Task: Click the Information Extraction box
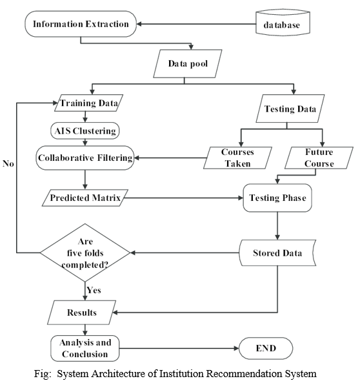coord(81,24)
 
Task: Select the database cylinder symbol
coord(283,23)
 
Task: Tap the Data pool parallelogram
coord(188,64)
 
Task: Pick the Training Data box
coord(88,103)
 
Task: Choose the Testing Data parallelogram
coord(290,108)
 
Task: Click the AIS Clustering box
coord(85,130)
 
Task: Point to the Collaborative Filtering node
coord(85,158)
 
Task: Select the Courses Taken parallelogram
coord(237,158)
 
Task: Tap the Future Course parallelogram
coord(319,158)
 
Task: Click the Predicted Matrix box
coord(85,198)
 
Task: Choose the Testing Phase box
coord(277,198)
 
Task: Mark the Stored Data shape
coord(277,252)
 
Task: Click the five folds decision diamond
coord(85,252)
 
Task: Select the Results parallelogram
coord(81,313)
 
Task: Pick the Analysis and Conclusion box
coord(85,348)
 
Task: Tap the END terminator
coord(266,348)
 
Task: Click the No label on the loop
coord(8,163)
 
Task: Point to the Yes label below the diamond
coord(94,290)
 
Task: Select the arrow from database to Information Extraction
coord(196,24)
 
